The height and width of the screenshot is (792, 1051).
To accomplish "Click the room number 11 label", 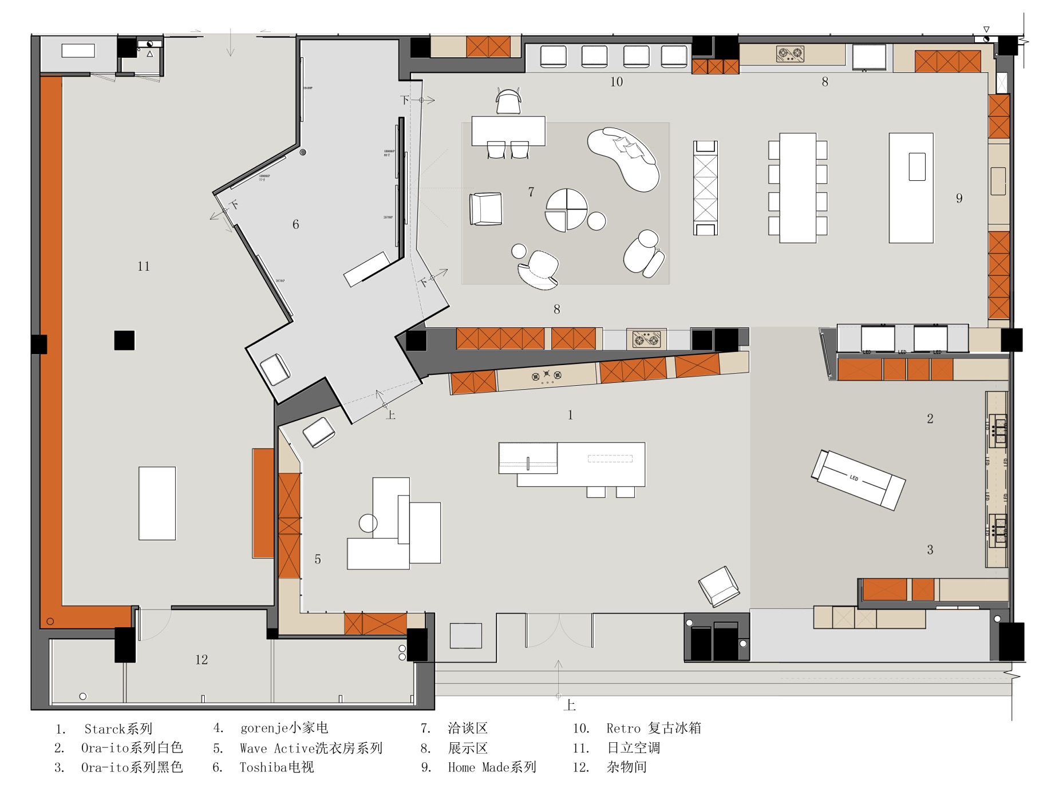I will tap(144, 266).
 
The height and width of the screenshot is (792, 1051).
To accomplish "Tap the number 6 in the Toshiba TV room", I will tap(295, 224).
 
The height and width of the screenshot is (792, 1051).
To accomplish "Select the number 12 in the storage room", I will tap(201, 660).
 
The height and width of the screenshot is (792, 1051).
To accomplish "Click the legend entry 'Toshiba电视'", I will tap(276, 767).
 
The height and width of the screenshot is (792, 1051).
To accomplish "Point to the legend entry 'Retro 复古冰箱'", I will tap(654, 728).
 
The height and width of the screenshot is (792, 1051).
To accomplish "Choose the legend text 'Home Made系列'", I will tap(492, 767).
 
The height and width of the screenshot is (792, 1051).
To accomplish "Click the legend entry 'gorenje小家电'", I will tap(284, 728).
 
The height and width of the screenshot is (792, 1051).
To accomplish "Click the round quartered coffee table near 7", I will tap(566, 209).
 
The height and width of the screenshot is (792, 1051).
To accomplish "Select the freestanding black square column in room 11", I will tap(124, 340).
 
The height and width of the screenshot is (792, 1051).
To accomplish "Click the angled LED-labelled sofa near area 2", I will tap(858, 480).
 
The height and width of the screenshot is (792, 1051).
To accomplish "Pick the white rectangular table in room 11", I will tap(157, 503).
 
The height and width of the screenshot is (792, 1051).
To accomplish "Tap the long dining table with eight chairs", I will tap(797, 188).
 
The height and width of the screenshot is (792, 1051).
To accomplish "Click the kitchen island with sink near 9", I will tap(911, 188).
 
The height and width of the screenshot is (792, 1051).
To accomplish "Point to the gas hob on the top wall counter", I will tap(790, 54).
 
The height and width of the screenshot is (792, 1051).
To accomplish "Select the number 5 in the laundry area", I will tap(318, 559).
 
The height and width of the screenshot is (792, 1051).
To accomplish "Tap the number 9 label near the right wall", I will tap(959, 199).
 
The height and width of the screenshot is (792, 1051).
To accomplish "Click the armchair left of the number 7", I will tap(486, 209).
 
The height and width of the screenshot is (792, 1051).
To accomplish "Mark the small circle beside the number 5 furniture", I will tap(368, 523).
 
